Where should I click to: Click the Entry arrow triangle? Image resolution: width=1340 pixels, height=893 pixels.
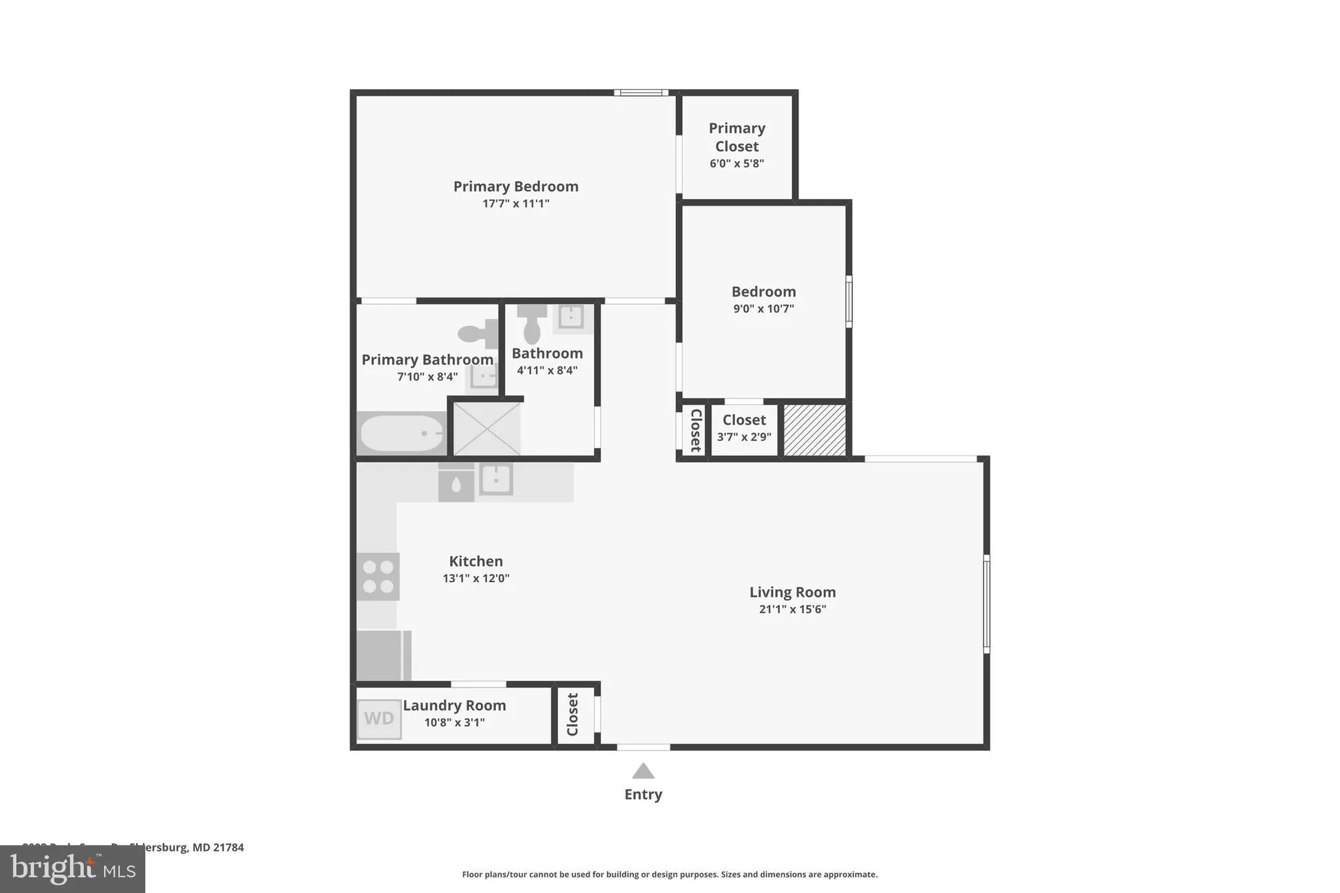(643, 772)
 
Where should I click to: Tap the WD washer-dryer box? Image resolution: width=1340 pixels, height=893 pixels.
(379, 719)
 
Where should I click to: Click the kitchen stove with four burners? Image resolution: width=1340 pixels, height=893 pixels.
(378, 577)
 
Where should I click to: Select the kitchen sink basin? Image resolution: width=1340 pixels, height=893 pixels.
(496, 479)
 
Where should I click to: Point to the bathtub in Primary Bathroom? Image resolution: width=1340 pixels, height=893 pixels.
(401, 434)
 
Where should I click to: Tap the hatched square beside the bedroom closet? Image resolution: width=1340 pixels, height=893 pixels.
(815, 430)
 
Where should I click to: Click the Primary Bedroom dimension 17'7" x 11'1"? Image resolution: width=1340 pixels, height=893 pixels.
(516, 204)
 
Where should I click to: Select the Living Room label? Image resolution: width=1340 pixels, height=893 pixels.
(793, 592)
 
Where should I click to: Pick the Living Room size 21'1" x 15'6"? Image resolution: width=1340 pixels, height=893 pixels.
(793, 610)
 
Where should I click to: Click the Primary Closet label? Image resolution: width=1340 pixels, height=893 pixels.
(737, 137)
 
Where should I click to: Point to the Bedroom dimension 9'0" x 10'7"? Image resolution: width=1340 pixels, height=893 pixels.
(764, 309)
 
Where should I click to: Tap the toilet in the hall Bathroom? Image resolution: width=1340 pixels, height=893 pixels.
(532, 326)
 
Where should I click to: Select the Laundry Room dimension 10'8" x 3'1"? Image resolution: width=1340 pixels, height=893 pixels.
(454, 723)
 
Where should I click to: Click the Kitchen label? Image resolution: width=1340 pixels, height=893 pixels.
(476, 561)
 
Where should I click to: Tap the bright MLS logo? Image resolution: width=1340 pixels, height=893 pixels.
(72, 869)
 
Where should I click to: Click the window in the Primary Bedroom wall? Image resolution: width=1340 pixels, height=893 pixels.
(641, 92)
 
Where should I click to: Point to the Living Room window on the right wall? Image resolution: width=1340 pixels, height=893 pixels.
(986, 604)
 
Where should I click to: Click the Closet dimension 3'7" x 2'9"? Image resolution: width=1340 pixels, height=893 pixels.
(744, 437)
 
